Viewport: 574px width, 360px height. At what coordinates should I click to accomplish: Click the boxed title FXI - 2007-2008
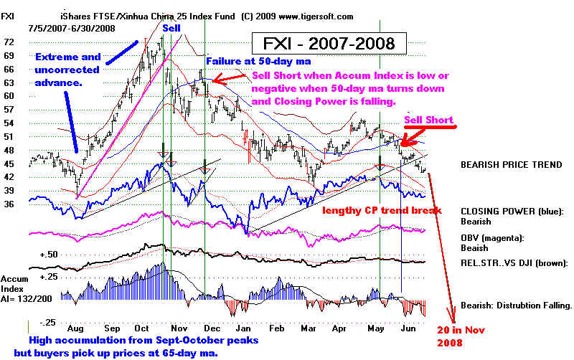pos(329,43)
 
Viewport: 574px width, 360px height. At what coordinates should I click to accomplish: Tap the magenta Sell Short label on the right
pos(429,120)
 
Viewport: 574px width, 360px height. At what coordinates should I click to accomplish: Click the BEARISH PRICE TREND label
pos(511,164)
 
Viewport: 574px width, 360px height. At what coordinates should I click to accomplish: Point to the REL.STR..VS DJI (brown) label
pos(516,262)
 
